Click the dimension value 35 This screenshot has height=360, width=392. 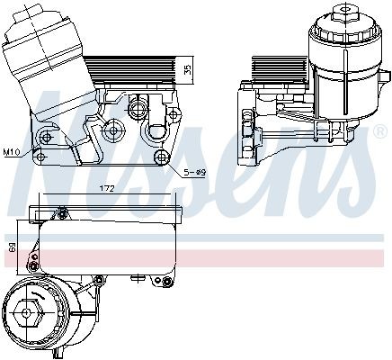pos(187,69)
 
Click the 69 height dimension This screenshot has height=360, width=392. pos(12,246)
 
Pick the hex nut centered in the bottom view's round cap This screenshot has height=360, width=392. pos(26,319)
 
